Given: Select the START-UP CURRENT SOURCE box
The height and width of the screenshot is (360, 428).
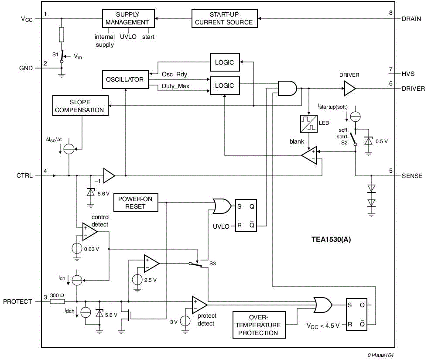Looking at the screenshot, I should pos(224,18).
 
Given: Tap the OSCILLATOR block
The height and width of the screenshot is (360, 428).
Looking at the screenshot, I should pos(124,80).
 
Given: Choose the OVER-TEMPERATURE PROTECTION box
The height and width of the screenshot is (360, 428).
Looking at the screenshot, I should pos(259,325).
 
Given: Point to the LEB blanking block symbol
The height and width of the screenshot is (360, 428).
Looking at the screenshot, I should pos(309,123).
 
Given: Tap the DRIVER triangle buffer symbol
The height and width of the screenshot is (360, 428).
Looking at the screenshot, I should pos(349,89).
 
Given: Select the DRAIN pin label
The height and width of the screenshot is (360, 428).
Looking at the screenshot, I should pos(411,19).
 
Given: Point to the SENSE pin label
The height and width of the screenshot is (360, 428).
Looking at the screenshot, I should pos(412,176).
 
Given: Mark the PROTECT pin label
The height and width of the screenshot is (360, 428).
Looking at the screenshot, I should pos(18,302).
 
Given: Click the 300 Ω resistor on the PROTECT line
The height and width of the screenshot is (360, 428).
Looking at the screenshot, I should pos(58,301).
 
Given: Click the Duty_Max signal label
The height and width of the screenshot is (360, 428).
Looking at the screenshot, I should pos(175,86).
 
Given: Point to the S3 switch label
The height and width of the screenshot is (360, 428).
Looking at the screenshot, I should pos(212,264).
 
